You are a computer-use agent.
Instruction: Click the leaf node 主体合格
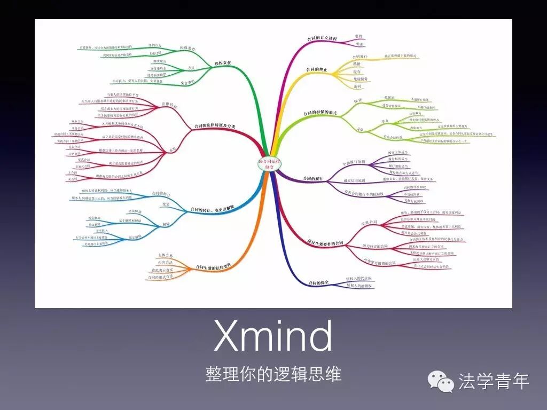pyautogui.click(x=166, y=256)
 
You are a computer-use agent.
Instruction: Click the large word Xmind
pyautogui.click(x=273, y=336)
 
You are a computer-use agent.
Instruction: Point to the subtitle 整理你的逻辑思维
pyautogui.click(x=273, y=374)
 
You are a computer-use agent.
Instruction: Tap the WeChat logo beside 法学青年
pyautogui.click(x=441, y=381)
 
